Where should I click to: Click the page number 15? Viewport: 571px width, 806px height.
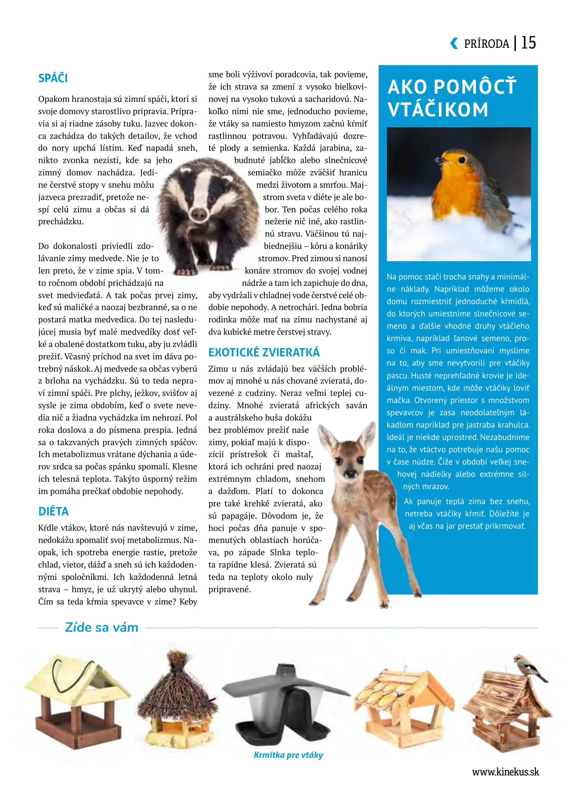coord(528,43)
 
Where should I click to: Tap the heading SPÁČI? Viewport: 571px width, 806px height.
coord(53,78)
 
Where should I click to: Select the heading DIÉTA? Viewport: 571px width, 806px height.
coord(53,511)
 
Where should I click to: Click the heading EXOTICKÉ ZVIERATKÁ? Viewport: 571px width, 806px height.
coord(264,352)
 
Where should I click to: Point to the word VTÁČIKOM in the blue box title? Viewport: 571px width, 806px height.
coord(438,110)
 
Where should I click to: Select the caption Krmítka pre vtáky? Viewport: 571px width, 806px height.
coord(288,755)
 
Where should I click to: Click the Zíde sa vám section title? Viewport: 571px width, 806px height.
coord(102,627)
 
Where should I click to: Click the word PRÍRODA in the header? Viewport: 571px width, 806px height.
coord(487,44)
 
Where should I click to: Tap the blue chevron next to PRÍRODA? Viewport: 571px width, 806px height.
coord(454,43)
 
